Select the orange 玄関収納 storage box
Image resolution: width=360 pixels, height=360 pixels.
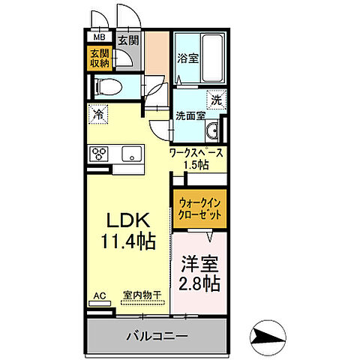pos(99,58)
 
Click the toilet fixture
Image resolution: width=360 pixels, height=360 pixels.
pos(105,86)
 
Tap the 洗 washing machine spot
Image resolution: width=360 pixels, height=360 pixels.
pos(215,97)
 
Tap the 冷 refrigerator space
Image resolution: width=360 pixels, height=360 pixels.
pos(97,115)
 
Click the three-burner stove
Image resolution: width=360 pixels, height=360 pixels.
pos(100,154)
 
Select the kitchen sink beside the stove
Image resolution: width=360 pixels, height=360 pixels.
pos(133,154)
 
